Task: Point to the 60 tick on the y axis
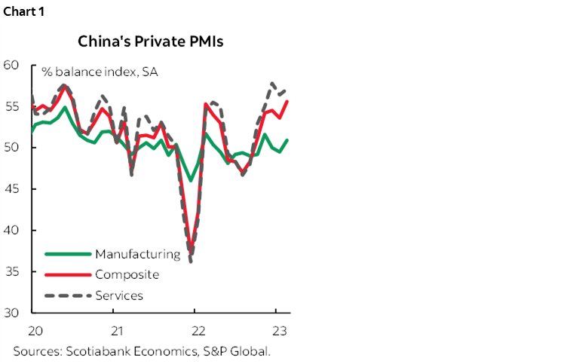point(12,65)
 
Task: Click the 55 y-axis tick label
point(12,106)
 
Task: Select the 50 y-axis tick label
point(12,148)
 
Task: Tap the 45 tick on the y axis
point(12,188)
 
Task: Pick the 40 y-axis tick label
point(12,230)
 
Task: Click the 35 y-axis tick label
point(12,271)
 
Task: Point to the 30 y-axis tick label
point(12,312)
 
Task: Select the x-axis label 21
point(117,330)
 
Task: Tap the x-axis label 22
point(198,330)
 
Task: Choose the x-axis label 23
point(279,330)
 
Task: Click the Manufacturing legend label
point(137,254)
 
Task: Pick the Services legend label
point(119,295)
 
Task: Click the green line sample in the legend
point(69,254)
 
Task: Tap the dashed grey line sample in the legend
point(69,295)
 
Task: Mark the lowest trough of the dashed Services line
point(192,262)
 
